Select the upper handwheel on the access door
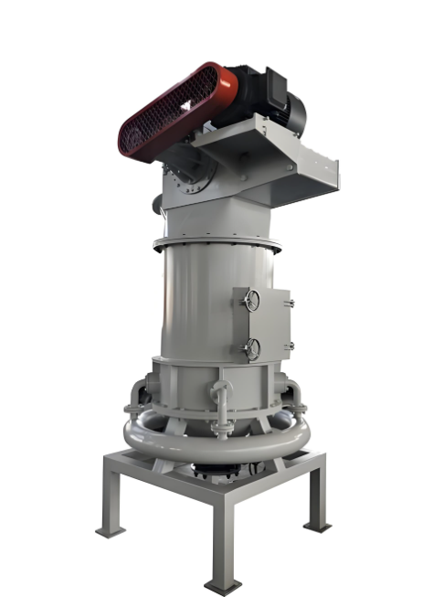coord(252,302)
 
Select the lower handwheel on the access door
coord(252,348)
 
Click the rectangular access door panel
coord(259,325)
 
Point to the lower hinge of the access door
coord(289,346)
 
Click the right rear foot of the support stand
coord(318,525)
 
